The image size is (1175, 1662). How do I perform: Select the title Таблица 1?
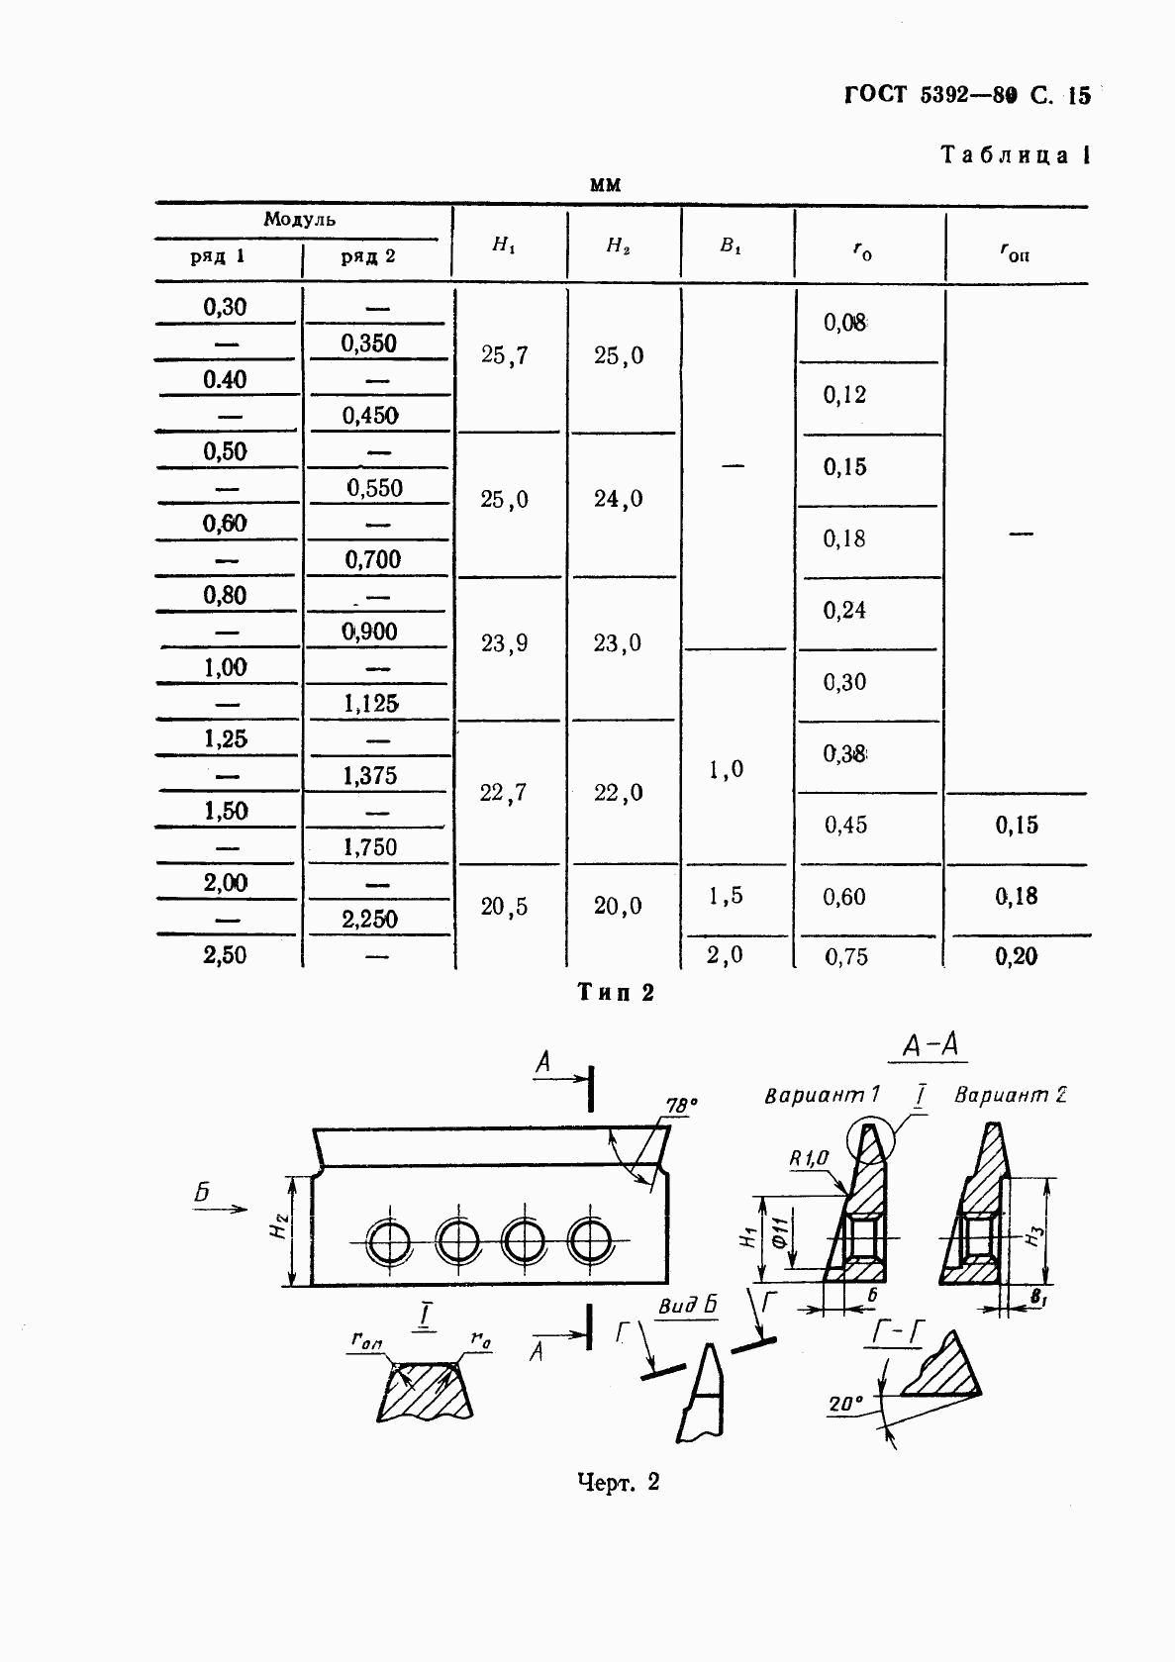tap(1015, 155)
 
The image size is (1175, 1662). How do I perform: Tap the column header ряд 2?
tap(368, 256)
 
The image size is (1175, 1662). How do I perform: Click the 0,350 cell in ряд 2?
tap(368, 343)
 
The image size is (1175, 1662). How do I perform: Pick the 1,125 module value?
tap(370, 704)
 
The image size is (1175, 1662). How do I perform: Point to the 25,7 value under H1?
tap(505, 355)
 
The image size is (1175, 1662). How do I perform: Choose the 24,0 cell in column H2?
tap(619, 499)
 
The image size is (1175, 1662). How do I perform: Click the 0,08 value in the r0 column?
tap(844, 323)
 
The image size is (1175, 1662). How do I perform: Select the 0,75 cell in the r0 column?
tap(845, 956)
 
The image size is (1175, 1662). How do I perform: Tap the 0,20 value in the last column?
tap(1017, 956)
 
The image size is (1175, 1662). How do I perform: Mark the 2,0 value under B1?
tap(726, 955)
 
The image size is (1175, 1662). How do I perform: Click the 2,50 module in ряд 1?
tap(225, 955)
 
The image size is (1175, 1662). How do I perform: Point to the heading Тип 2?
tap(617, 993)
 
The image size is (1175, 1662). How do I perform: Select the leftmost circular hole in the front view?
tap(389, 1241)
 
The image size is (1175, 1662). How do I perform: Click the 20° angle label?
tap(846, 1404)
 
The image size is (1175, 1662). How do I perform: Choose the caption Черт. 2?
tap(618, 1482)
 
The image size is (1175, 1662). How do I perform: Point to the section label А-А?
tap(934, 1046)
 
